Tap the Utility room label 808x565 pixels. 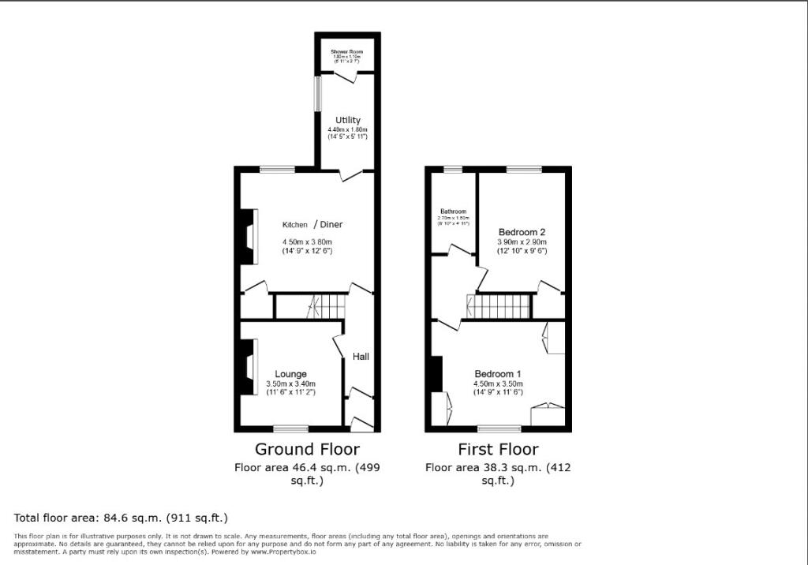pos(348,121)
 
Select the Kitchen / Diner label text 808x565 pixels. pos(312,225)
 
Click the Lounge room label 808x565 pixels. pos(290,374)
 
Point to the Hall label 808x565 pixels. pos(361,357)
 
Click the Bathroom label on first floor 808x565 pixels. pos(454,211)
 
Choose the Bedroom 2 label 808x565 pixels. pos(522,232)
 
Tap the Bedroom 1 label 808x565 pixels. pos(498,374)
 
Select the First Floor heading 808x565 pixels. pos(498,450)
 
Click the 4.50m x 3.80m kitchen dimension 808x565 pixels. pos(308,241)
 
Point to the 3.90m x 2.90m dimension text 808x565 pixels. pos(522,241)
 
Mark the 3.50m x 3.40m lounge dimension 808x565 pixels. pos(290,384)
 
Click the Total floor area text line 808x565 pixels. pos(121,518)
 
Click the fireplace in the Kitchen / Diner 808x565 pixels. pos(248,237)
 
